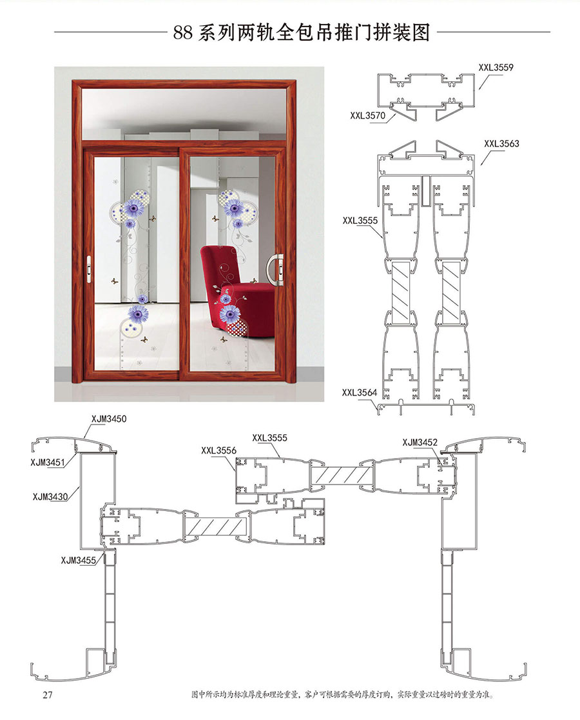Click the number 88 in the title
tap(183, 33)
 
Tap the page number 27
tap(48, 694)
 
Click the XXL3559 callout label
tap(496, 68)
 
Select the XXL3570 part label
tap(368, 115)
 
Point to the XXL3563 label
tap(501, 144)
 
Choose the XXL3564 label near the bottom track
tap(360, 393)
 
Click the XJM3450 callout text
tap(109, 419)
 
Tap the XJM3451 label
tap(48, 463)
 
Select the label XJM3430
tap(50, 496)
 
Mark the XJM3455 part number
tap(79, 560)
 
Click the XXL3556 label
tap(218, 450)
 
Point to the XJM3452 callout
tap(420, 442)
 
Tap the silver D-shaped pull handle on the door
tap(275, 270)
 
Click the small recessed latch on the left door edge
tap(89, 268)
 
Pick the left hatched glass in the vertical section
tap(400, 292)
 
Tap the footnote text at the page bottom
tap(342, 695)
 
